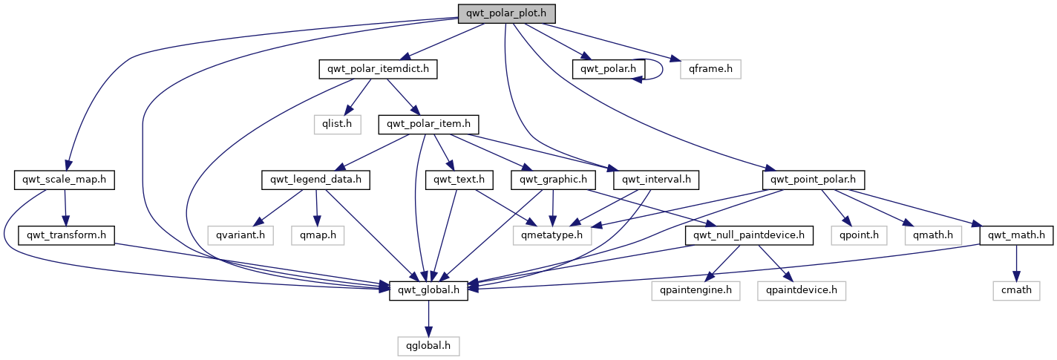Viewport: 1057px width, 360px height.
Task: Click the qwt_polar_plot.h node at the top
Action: pyautogui.click(x=506, y=13)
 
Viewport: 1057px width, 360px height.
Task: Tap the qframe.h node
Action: pyautogui.click(x=710, y=69)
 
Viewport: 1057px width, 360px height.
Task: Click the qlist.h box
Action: pyautogui.click(x=336, y=124)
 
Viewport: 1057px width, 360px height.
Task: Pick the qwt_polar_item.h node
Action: pyautogui.click(x=428, y=124)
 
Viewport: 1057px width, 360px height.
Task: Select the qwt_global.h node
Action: pyautogui.click(x=428, y=290)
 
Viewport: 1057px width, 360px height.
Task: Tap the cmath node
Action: pyautogui.click(x=1016, y=290)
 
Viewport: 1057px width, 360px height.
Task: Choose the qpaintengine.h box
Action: pyautogui.click(x=696, y=290)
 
